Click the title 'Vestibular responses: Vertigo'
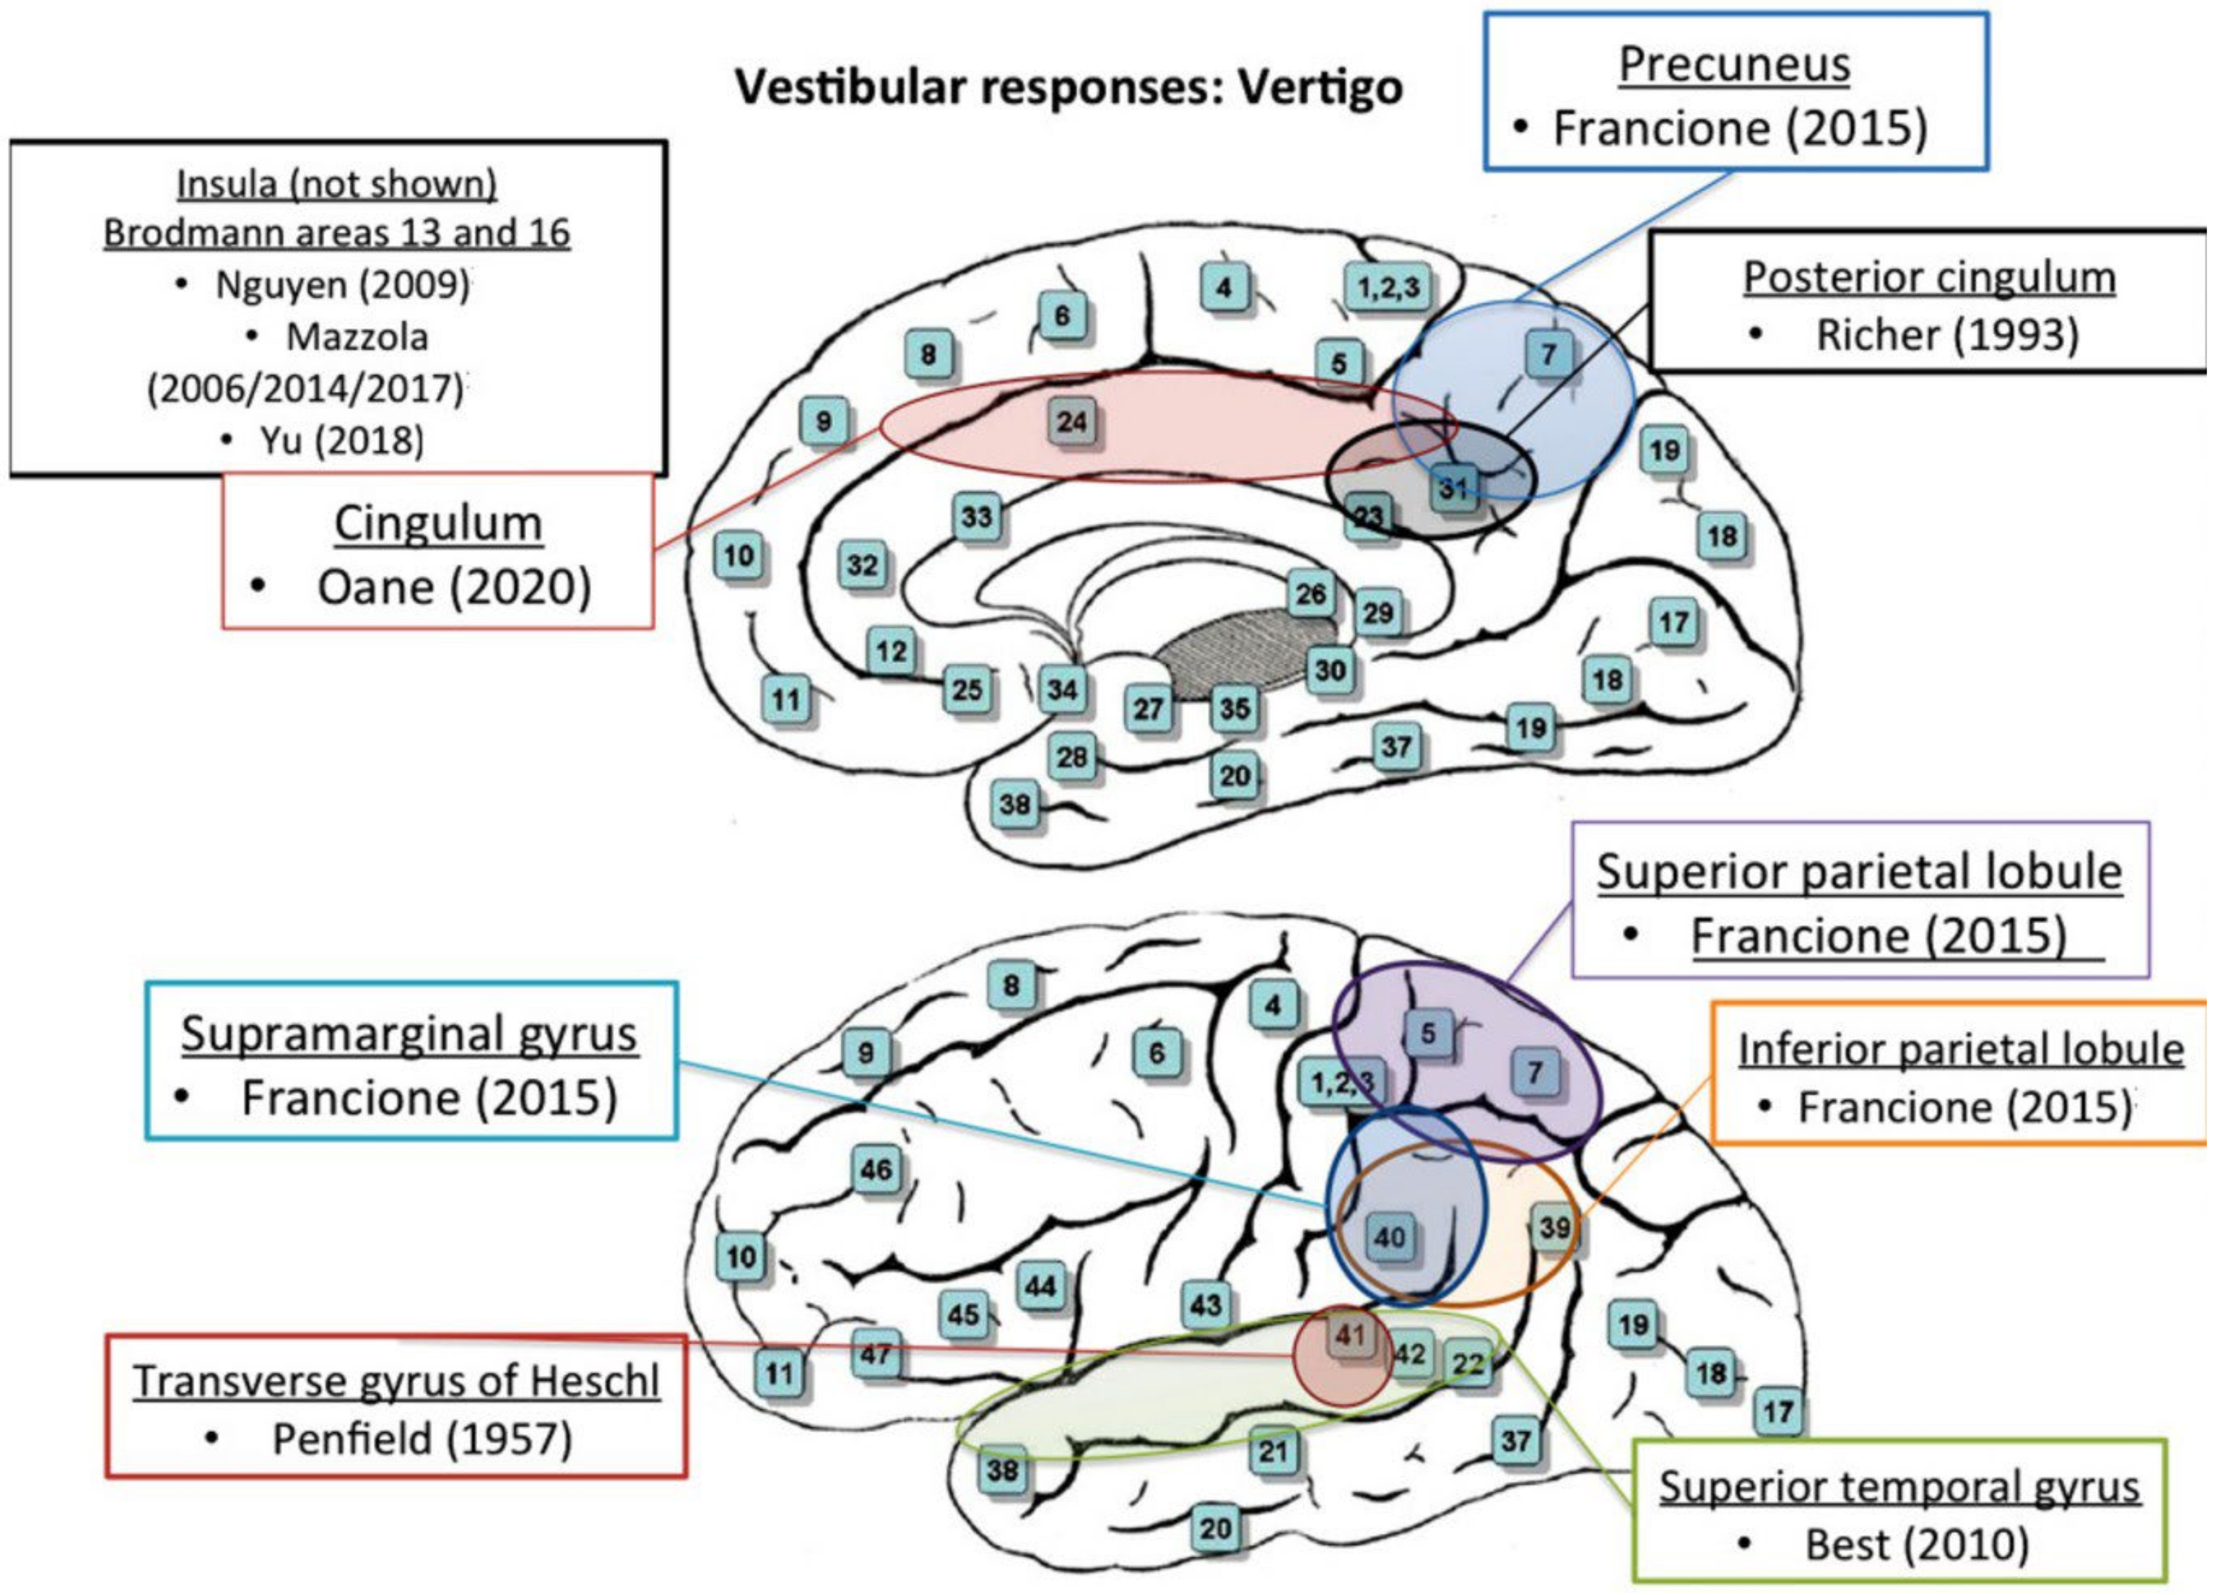[x=1069, y=88]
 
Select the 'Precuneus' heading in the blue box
[x=1734, y=64]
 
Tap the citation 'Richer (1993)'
[x=1946, y=335]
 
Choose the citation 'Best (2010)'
[x=1917, y=1545]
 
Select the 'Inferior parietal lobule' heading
[x=1961, y=1049]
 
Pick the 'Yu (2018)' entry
[x=341, y=441]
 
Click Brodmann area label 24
[x=1072, y=421]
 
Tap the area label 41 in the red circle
[x=1350, y=1335]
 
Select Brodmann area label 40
[x=1390, y=1237]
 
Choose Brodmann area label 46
[x=875, y=1170]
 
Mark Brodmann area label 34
[x=1062, y=690]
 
